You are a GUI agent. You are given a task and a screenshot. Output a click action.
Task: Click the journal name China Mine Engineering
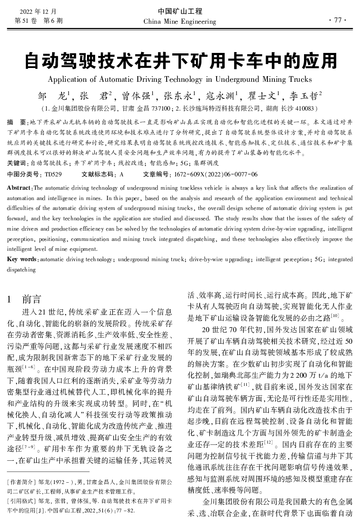click(180, 22)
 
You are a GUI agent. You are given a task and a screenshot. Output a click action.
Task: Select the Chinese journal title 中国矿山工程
click(180, 12)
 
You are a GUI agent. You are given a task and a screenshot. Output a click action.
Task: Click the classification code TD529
click(53, 174)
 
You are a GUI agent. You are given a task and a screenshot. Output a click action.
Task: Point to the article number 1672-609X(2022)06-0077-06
click(216, 174)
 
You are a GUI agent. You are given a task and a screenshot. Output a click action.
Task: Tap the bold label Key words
click(22, 259)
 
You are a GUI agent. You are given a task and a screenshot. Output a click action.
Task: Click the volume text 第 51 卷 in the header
click(26, 20)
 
